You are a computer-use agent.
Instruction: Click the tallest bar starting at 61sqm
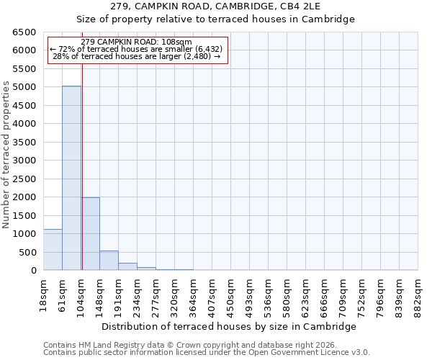(x=71, y=178)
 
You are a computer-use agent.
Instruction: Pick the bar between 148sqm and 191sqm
(x=109, y=260)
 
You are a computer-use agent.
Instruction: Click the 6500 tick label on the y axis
(x=24, y=32)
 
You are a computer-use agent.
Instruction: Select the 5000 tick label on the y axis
(x=24, y=87)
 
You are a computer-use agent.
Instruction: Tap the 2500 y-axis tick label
(x=24, y=179)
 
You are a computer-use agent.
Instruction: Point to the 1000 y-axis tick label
(x=24, y=234)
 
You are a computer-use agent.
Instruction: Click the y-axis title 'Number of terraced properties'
(x=7, y=154)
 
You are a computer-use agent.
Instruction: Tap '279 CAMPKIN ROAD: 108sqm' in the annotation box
(x=137, y=42)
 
